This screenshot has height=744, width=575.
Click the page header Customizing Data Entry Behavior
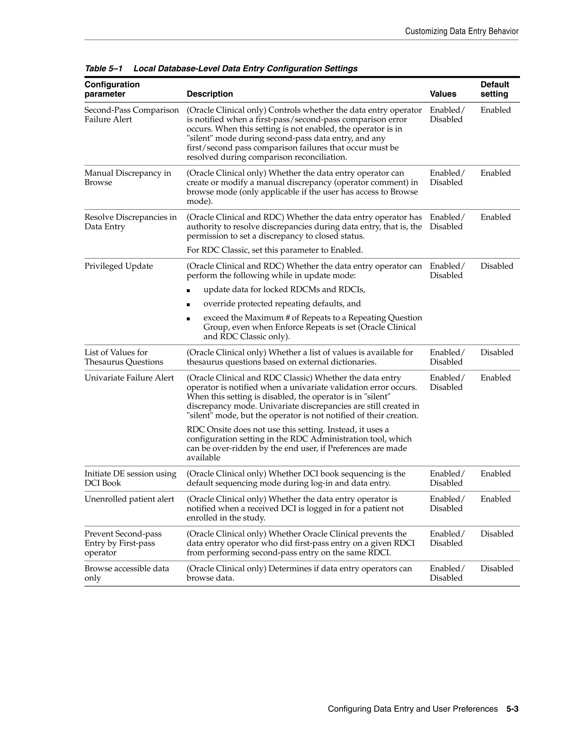tap(462, 31)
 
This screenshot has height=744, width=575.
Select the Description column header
tap(209, 94)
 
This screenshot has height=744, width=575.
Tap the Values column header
tap(442, 94)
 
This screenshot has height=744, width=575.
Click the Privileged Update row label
tap(118, 266)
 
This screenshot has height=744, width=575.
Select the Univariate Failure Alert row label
tap(129, 378)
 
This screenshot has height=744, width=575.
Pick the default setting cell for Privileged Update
tap(497, 266)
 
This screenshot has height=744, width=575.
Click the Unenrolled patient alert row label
tap(129, 499)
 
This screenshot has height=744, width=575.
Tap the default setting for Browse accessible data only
tap(497, 569)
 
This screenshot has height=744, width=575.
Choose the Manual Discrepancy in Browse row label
tap(128, 178)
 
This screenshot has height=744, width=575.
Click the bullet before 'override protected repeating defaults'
tap(188, 305)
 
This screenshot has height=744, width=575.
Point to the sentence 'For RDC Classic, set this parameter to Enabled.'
tap(275, 250)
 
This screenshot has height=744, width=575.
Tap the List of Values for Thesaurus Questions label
tap(124, 357)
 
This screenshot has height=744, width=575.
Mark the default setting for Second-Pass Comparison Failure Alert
tap(495, 110)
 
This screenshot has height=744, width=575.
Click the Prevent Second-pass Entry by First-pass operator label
tap(123, 543)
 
